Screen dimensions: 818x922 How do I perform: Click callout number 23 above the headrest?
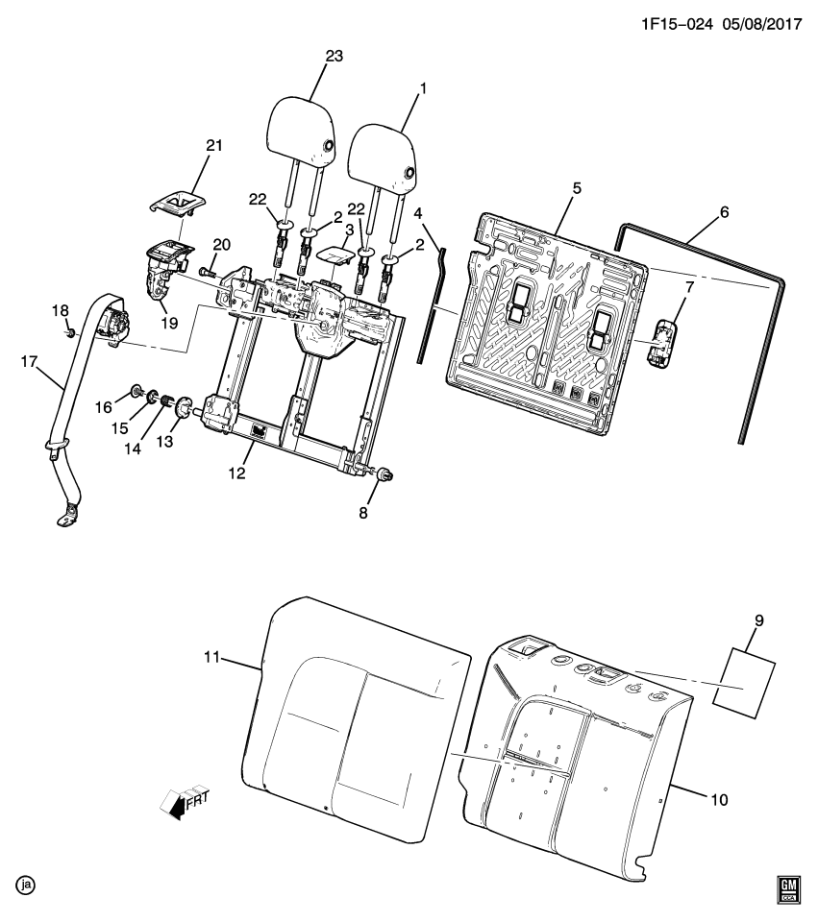334,57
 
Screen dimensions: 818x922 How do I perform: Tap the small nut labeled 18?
69,333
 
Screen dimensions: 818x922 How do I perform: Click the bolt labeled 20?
208,272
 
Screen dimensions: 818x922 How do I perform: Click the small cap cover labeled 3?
335,255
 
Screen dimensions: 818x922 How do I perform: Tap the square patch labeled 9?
744,682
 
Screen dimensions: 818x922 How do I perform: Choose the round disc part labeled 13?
183,406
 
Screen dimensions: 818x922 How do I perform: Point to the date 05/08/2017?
763,24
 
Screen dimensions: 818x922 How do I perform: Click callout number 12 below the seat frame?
236,473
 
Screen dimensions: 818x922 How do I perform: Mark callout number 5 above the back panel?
576,188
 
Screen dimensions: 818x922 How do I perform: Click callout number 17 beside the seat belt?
29,362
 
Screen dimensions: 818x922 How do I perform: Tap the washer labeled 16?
136,390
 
